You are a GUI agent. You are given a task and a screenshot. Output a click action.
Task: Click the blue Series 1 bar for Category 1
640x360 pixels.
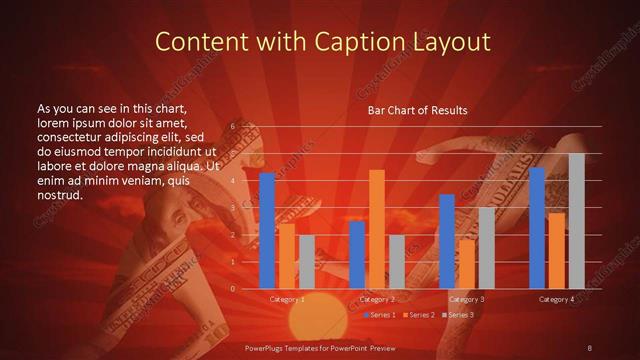[x=267, y=231]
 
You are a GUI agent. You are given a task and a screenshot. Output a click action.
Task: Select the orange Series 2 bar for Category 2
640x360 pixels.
[x=377, y=229]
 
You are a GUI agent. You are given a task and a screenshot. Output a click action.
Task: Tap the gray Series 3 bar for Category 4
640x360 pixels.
[x=576, y=221]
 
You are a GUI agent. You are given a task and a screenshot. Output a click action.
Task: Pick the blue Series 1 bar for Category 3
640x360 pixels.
[x=447, y=241]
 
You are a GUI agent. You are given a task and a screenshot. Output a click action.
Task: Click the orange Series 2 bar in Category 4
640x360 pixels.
[x=556, y=250]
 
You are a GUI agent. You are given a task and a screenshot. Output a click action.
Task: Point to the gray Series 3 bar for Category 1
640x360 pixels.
[x=307, y=262]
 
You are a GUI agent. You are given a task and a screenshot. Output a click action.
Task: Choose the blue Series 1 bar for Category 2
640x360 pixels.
[x=357, y=255]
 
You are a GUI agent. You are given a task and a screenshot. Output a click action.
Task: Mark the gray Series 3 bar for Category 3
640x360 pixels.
[x=487, y=248]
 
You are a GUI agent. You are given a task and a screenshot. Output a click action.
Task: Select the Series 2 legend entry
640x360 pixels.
[x=419, y=315]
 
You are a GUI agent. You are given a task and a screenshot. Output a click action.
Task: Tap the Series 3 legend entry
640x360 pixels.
[x=458, y=315]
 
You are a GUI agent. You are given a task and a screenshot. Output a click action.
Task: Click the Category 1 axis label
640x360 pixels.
[x=288, y=299]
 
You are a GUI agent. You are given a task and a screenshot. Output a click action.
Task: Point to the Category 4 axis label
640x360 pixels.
[x=556, y=299]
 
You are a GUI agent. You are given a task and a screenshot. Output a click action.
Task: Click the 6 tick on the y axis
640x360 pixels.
[x=232, y=127]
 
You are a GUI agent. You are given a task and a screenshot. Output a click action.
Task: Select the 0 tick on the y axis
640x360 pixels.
[x=232, y=289]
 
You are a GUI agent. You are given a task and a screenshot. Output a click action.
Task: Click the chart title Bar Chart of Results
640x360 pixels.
[x=418, y=109]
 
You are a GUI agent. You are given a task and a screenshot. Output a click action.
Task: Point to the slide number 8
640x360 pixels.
[x=590, y=347]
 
